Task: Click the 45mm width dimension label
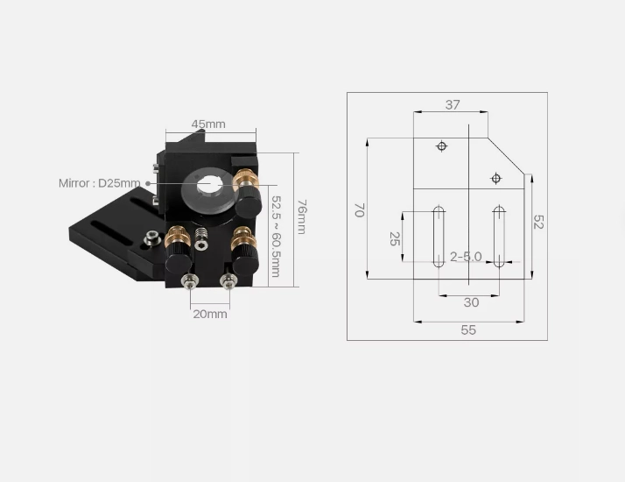click(x=208, y=124)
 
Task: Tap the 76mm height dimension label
click(x=302, y=216)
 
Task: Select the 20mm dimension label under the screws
click(x=210, y=314)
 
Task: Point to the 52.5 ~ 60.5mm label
click(x=276, y=237)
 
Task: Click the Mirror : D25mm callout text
click(x=99, y=183)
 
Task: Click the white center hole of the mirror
click(x=209, y=187)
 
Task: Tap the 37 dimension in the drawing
click(x=453, y=105)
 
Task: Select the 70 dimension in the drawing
click(x=360, y=209)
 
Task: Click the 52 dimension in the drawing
click(x=538, y=222)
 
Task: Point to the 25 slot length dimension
click(x=395, y=238)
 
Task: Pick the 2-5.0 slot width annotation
click(x=466, y=257)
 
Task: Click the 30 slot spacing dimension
click(x=471, y=302)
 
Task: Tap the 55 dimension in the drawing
click(x=468, y=330)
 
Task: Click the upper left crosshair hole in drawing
click(x=441, y=146)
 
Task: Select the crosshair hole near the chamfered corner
click(x=495, y=179)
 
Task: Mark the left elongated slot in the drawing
click(x=439, y=237)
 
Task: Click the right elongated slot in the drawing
click(x=499, y=237)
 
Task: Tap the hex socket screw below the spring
click(x=201, y=245)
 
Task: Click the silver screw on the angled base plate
click(x=151, y=237)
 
